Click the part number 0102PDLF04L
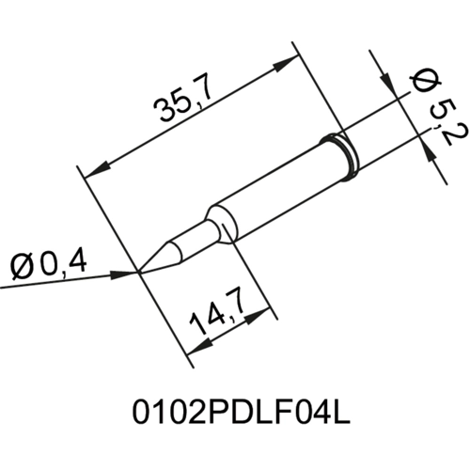pyautogui.click(x=235, y=415)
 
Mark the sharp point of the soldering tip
pyautogui.click(x=141, y=273)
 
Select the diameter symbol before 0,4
pyautogui.click(x=22, y=267)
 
